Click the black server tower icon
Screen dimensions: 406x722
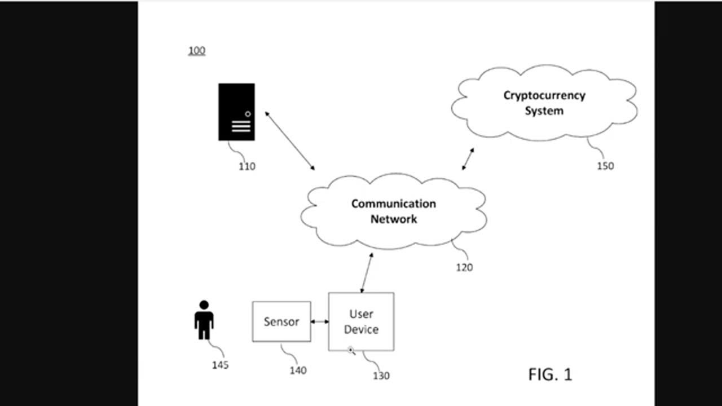pos(236,112)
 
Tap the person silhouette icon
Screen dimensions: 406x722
pos(204,320)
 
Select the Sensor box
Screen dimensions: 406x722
pos(281,321)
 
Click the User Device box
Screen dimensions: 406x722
pos(361,321)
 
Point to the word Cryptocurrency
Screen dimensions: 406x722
pos(544,95)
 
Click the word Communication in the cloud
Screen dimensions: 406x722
pos(393,204)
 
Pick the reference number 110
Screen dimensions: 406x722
pos(246,166)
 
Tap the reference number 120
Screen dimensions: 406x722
pos(464,267)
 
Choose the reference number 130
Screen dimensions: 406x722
pos(381,376)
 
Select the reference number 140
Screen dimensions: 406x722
pos(298,370)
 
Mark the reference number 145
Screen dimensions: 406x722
pos(220,365)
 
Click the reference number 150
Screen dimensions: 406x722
pos(605,166)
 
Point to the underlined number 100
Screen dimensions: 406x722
pos(196,51)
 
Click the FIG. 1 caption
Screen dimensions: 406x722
pos(550,374)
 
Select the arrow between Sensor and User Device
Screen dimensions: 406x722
pos(320,321)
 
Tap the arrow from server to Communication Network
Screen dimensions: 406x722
pos(290,141)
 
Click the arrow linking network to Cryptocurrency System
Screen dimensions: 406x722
pos(468,159)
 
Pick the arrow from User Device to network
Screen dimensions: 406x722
pos(367,273)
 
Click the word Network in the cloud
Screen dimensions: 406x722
pos(393,219)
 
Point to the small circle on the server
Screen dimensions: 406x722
pos(248,114)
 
